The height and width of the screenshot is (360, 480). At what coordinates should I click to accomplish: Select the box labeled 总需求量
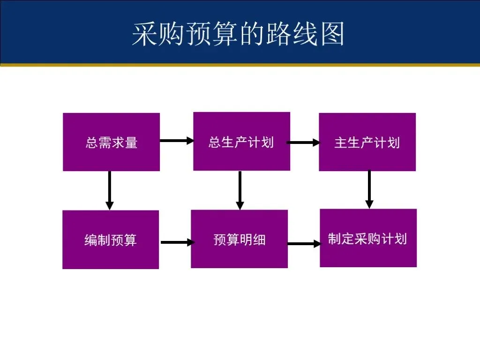[x=111, y=142]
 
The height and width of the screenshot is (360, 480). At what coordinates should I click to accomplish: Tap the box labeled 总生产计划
[x=241, y=141]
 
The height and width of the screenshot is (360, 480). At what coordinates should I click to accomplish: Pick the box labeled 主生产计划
[x=367, y=142]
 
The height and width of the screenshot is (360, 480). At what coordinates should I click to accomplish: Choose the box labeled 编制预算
[x=111, y=240]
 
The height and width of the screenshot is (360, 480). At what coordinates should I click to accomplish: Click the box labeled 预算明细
[x=239, y=239]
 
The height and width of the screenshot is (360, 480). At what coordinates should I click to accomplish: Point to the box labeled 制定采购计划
[x=368, y=238]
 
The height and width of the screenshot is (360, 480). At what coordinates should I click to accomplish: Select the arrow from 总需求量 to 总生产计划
[x=176, y=140]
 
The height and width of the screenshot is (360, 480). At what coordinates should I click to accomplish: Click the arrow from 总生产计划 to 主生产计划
[x=303, y=142]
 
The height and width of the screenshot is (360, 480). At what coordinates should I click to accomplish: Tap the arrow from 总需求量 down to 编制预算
[x=109, y=190]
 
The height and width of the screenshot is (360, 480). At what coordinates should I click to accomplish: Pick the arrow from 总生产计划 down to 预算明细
[x=240, y=190]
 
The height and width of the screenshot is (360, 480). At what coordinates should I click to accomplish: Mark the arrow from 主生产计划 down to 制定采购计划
[x=369, y=189]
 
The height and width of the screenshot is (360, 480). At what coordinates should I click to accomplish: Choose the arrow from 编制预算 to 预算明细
[x=177, y=242]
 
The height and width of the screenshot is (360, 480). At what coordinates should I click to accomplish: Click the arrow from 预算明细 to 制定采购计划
[x=303, y=244]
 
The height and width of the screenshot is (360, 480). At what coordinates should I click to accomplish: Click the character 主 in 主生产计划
[x=341, y=142]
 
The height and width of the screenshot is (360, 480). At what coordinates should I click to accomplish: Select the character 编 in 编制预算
[x=90, y=240]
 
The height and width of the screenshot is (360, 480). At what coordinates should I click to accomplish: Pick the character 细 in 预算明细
[x=259, y=240]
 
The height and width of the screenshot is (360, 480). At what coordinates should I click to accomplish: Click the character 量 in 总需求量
[x=131, y=142]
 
